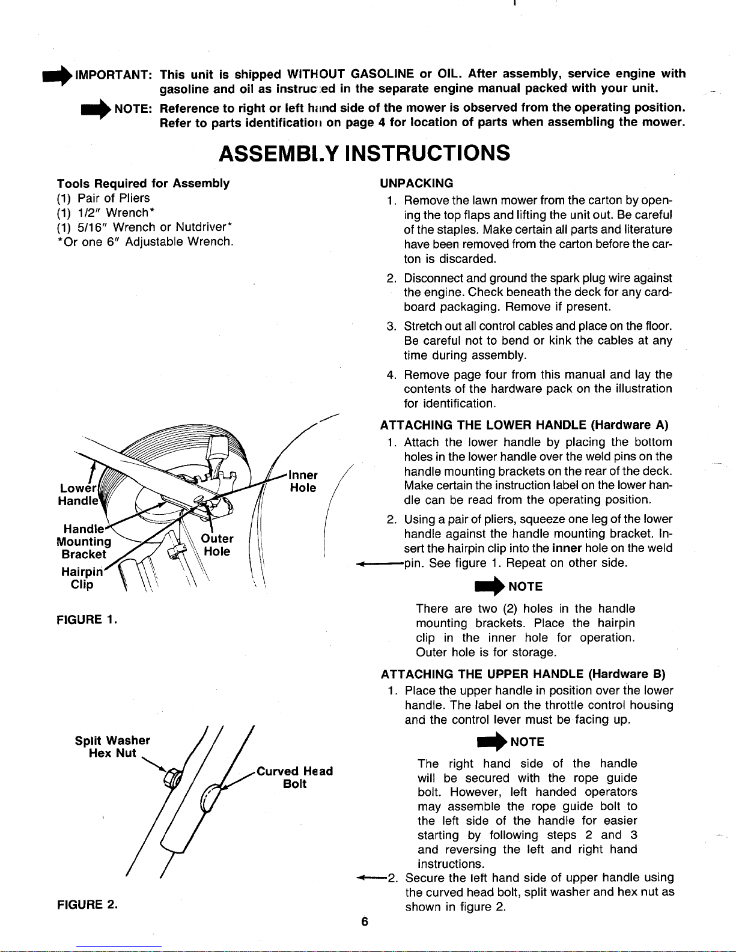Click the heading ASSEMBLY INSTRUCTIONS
pyautogui.click(x=365, y=153)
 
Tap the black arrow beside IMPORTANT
pyautogui.click(x=58, y=76)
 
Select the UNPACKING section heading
pyautogui.click(x=416, y=183)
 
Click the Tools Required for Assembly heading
pyautogui.click(x=143, y=183)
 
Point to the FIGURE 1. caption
pyautogui.click(x=87, y=619)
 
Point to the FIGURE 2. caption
pyautogui.click(x=87, y=904)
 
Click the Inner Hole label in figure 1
pyautogui.click(x=303, y=482)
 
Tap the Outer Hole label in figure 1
pyautogui.click(x=217, y=545)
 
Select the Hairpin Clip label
pyautogui.click(x=82, y=578)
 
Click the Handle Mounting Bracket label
pyautogui.click(x=84, y=542)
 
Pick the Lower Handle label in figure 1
pyautogui.click(x=78, y=494)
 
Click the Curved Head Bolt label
pyautogui.click(x=295, y=777)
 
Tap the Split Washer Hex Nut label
pyautogui.click(x=112, y=747)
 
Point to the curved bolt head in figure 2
pyautogui.click(x=210, y=796)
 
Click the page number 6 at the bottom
pyautogui.click(x=365, y=922)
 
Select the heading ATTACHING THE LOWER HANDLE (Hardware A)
pyautogui.click(x=524, y=425)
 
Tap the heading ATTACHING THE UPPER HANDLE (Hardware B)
pyautogui.click(x=523, y=674)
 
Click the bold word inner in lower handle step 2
pyautogui.click(x=567, y=548)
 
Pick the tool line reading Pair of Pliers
pyautogui.click(x=103, y=198)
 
